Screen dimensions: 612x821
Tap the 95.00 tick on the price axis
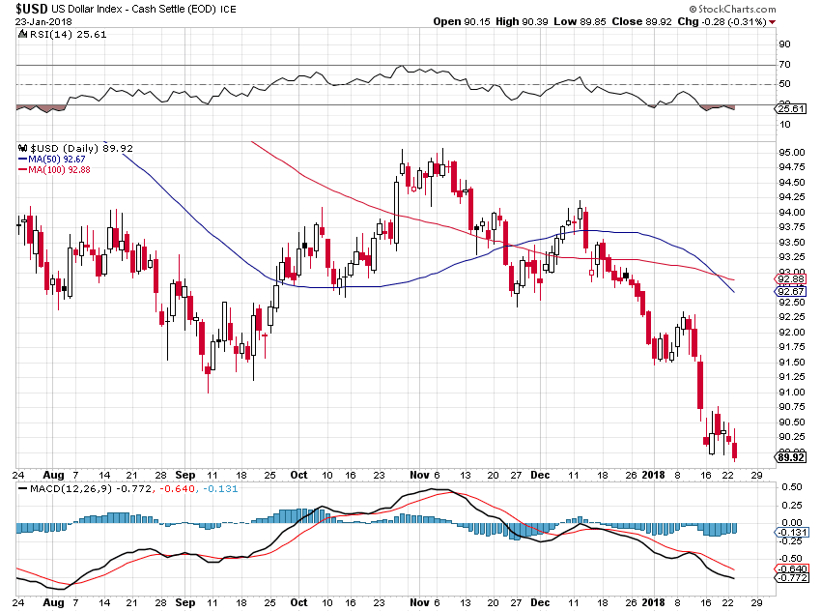[x=791, y=153]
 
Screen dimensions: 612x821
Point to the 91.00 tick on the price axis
[x=791, y=393]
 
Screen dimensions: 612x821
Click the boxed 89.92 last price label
[x=791, y=457]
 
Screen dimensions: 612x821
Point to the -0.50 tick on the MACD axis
[x=791, y=558]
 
